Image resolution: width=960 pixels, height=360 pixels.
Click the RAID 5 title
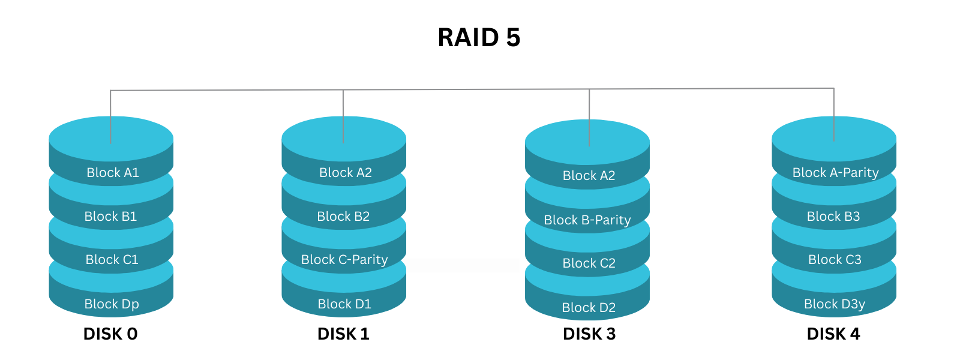pyautogui.click(x=479, y=38)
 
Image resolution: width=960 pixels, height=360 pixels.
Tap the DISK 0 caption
pyautogui.click(x=110, y=334)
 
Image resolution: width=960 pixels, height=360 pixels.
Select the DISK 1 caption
pyautogui.click(x=343, y=334)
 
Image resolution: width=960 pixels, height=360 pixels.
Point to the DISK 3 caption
pyautogui.click(x=589, y=334)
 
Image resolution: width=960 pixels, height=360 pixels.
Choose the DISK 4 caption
pyautogui.click(x=833, y=334)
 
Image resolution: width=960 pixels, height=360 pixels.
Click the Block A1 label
pyautogui.click(x=113, y=173)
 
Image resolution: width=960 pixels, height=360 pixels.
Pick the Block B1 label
pyautogui.click(x=110, y=217)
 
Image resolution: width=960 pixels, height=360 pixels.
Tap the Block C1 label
pyautogui.click(x=112, y=260)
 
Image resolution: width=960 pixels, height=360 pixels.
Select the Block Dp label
pyautogui.click(x=112, y=304)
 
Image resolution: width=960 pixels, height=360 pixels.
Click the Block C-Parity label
pyautogui.click(x=344, y=260)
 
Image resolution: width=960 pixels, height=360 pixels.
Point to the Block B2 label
pyautogui.click(x=343, y=217)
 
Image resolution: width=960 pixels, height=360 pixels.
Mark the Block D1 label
pyautogui.click(x=344, y=304)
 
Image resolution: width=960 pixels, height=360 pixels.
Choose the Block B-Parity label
pyautogui.click(x=587, y=220)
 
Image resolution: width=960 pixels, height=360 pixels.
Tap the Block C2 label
pyautogui.click(x=589, y=263)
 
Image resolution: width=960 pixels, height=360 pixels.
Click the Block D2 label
pyautogui.click(x=589, y=308)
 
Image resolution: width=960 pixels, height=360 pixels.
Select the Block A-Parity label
pyautogui.click(x=835, y=173)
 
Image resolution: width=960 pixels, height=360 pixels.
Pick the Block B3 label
pyautogui.click(x=833, y=217)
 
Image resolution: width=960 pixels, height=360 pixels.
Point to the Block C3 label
pyautogui.click(x=835, y=260)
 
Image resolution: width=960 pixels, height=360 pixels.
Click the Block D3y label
pyautogui.click(x=835, y=304)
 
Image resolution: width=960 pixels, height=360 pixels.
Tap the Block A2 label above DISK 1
pyautogui.click(x=346, y=173)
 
